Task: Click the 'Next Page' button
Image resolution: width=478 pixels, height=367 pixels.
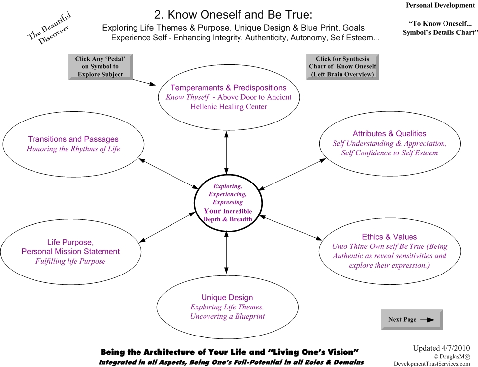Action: (411, 320)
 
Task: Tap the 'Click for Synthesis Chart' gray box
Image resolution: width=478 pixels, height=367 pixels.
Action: (342, 66)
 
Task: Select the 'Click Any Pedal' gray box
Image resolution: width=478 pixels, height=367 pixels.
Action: (101, 66)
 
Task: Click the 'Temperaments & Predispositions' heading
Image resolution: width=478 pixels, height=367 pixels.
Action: (228, 88)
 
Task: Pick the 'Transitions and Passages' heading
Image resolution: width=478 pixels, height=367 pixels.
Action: (73, 139)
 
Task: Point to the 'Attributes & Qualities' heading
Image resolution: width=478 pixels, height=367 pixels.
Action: (389, 134)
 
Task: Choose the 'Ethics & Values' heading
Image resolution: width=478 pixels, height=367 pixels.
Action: (389, 237)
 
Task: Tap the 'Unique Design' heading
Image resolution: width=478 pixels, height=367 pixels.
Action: (227, 297)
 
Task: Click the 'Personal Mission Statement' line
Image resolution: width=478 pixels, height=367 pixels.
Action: (70, 252)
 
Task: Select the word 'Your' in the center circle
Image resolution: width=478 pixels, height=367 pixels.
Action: (212, 211)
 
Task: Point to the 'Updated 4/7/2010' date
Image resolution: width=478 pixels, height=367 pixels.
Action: (442, 348)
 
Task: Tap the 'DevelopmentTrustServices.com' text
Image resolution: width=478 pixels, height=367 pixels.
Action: (432, 364)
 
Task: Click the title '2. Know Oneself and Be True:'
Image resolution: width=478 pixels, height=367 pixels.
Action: (233, 14)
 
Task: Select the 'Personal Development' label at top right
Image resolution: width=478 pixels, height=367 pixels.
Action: (440, 5)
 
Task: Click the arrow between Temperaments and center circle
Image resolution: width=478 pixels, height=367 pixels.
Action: (226, 153)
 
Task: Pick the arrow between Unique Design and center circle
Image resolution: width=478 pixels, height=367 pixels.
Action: (226, 252)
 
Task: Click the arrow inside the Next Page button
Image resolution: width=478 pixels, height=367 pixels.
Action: (427, 320)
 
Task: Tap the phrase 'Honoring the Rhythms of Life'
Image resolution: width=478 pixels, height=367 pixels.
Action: (73, 149)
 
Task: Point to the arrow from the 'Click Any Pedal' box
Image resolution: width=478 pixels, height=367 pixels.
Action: (144, 82)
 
